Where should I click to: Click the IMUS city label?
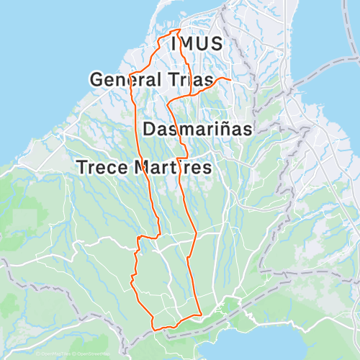[x=197, y=44]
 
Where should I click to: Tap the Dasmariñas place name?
[x=197, y=130]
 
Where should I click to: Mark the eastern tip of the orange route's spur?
[x=229, y=78]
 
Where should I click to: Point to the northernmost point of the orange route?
[x=178, y=30]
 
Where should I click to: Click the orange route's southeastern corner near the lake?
[x=200, y=315]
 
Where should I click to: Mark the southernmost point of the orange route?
[x=153, y=329]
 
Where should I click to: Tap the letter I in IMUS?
[x=174, y=44]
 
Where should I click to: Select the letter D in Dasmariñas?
[x=150, y=130]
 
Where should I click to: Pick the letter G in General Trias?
[x=96, y=79]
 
